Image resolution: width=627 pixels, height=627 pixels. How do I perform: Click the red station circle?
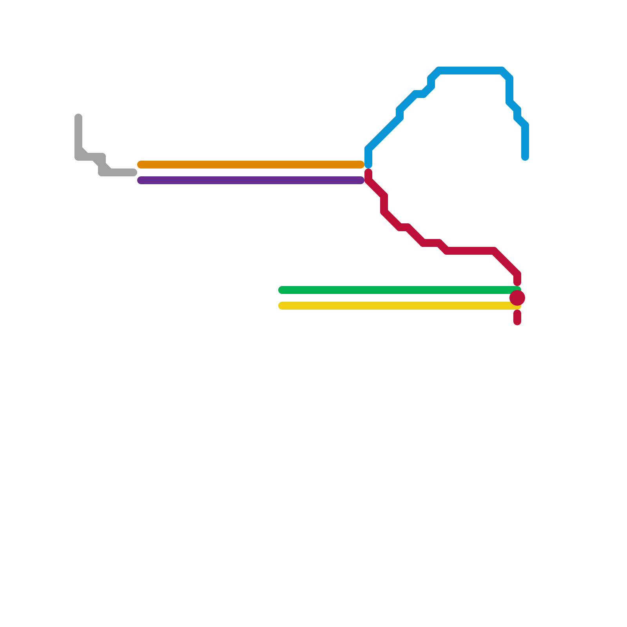click(x=517, y=298)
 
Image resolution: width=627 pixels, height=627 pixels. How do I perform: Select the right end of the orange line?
click(x=361, y=165)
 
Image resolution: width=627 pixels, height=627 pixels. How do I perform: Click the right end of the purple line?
click(x=361, y=180)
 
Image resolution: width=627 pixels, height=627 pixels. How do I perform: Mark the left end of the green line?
click(x=282, y=290)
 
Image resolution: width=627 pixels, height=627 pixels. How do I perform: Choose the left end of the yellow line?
click(x=282, y=306)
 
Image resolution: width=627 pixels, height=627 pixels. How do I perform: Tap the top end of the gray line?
click(x=78, y=117)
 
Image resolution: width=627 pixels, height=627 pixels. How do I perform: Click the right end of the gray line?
click(x=134, y=172)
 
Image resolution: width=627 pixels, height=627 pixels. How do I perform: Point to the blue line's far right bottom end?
click(x=525, y=157)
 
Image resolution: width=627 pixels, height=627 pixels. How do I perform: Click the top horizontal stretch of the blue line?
click(x=470, y=71)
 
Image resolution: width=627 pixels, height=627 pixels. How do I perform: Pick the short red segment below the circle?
click(x=517, y=317)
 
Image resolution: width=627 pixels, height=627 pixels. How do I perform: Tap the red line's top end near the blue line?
click(x=368, y=172)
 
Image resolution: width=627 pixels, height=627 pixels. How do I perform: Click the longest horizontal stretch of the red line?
click(x=470, y=251)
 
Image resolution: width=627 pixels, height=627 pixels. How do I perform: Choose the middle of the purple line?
click(x=251, y=180)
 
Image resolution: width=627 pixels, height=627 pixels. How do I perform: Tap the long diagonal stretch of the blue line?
click(x=384, y=133)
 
